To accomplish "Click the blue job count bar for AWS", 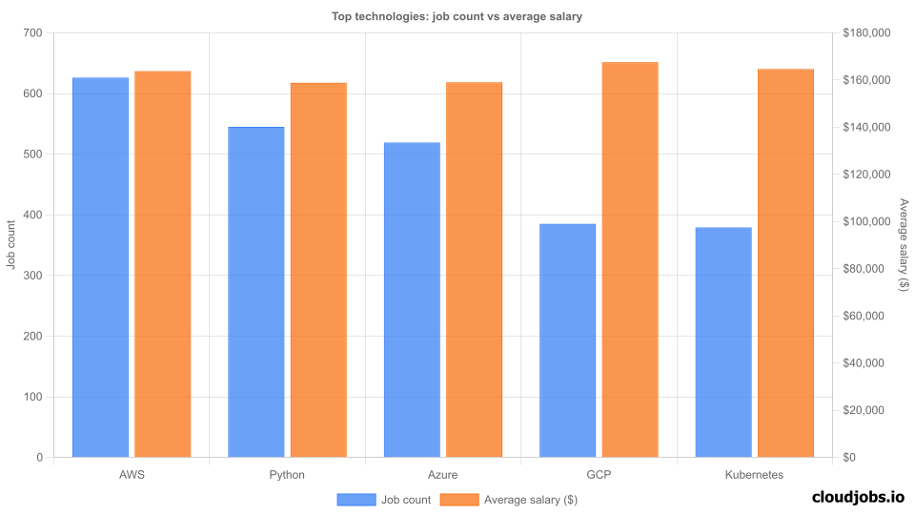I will tap(100, 267).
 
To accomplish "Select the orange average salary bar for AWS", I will tap(162, 264).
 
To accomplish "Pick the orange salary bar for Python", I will tap(318, 270).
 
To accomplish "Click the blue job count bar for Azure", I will tap(412, 299).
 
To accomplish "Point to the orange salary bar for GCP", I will tap(630, 259).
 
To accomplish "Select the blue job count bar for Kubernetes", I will tap(723, 342).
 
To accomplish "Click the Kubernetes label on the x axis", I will tap(754, 474).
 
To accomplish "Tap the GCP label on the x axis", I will tap(599, 474).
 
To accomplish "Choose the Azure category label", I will tap(443, 474).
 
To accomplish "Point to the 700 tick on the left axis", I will tap(32, 33).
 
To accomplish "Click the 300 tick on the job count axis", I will tap(32, 276).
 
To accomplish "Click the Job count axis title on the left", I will tap(10, 245).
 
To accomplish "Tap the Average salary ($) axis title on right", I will tap(904, 245).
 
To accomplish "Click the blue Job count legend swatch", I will tap(356, 500).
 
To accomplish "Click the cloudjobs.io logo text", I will tap(857, 496).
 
